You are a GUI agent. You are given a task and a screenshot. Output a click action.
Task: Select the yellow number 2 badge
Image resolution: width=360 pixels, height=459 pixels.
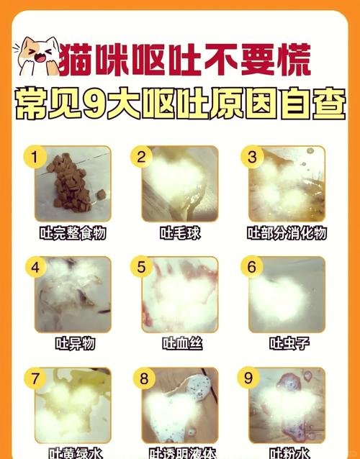click(x=142, y=156)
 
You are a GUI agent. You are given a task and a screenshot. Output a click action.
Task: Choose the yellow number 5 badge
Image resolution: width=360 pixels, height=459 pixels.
click(x=142, y=267)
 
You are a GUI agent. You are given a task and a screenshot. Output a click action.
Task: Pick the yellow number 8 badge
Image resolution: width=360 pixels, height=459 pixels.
click(x=142, y=378)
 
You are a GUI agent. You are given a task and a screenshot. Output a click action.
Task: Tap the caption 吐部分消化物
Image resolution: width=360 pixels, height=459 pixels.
click(x=287, y=233)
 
